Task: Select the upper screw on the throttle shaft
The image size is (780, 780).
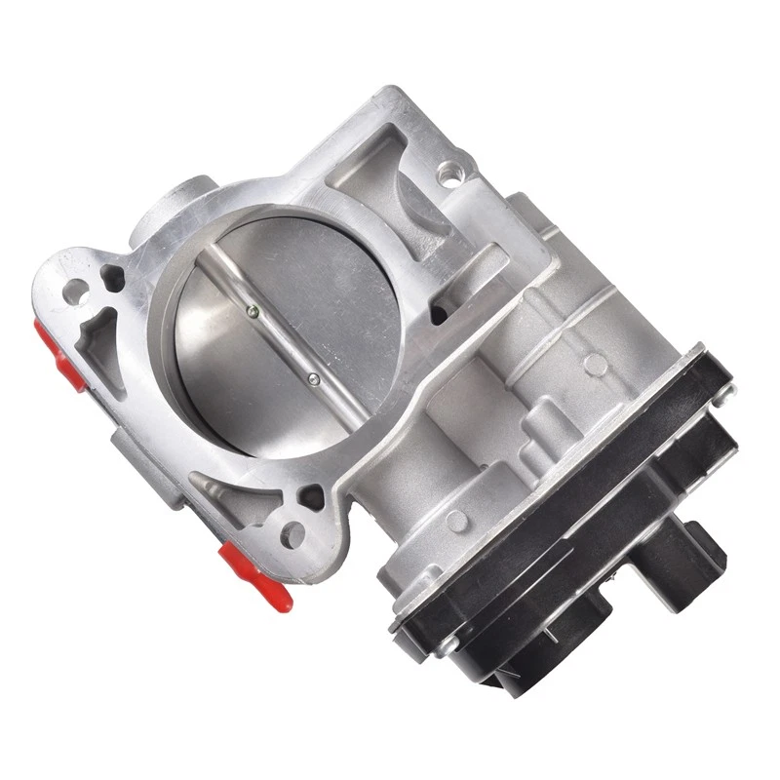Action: coord(253,313)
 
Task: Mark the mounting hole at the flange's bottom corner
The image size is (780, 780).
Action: coord(290,532)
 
